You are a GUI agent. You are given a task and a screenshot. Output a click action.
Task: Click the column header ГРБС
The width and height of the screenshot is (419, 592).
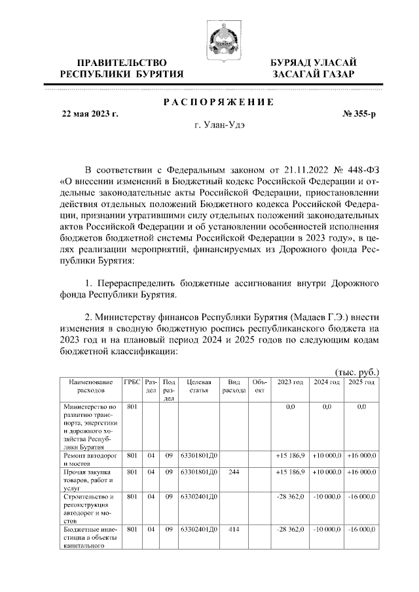(132, 382)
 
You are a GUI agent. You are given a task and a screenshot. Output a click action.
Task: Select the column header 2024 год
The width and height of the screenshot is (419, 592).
(327, 382)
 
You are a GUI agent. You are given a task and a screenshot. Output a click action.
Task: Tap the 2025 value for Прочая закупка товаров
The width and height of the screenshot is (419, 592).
(361, 471)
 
